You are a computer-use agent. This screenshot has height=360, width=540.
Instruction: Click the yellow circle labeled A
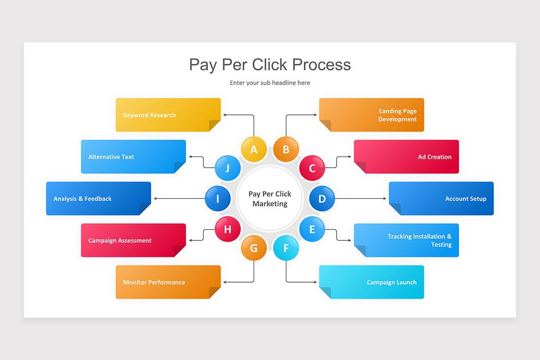254,149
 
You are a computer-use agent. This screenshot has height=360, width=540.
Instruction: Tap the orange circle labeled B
286,149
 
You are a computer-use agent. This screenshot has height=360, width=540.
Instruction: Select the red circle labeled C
312,168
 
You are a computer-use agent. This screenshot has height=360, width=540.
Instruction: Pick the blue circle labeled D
322,198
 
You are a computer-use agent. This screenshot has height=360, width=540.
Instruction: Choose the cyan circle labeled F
286,248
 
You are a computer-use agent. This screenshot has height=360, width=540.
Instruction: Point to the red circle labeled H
228,229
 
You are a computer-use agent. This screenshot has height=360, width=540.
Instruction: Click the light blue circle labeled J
228,168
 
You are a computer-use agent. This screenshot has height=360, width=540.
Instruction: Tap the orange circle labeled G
254,248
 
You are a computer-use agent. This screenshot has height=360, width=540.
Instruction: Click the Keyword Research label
149,115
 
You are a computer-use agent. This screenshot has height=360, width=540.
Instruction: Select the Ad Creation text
435,157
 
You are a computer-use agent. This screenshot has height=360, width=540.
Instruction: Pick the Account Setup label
466,199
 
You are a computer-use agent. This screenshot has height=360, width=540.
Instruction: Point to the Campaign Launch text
392,282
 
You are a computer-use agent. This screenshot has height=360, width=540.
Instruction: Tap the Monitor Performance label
154,282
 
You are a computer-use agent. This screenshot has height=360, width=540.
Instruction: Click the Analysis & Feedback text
82,199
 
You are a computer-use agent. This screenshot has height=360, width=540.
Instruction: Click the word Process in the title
321,65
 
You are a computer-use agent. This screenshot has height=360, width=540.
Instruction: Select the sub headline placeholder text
270,83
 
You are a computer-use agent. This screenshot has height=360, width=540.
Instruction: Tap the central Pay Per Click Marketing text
270,199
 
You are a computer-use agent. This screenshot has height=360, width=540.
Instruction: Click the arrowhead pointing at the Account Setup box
385,198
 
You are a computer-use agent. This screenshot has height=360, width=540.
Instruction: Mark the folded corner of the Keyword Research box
215,126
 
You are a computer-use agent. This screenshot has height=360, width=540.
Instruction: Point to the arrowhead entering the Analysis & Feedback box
155,198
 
